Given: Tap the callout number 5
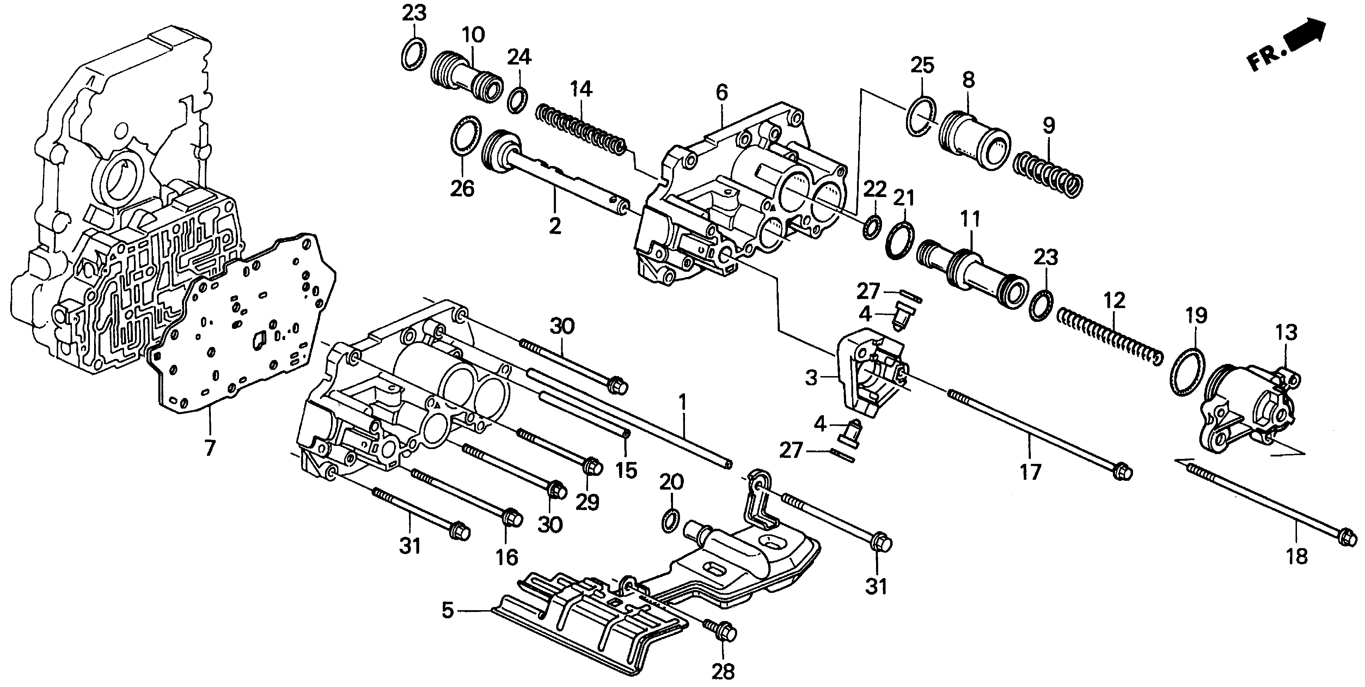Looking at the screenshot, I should point(448,611).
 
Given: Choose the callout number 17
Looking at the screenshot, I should point(1031,471).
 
